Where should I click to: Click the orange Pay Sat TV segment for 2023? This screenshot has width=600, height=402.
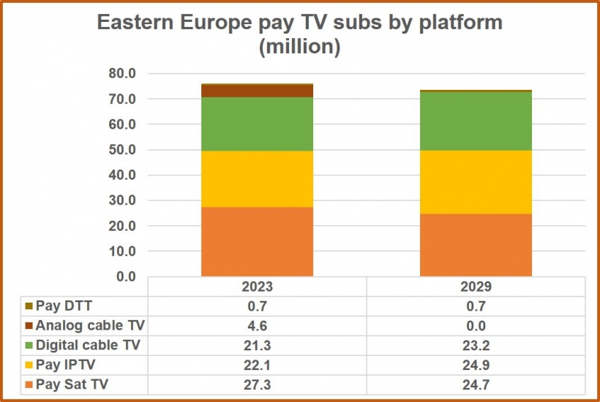[257, 241]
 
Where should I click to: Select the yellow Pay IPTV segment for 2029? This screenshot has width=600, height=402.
[476, 182]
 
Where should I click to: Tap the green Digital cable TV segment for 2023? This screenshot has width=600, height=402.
[257, 124]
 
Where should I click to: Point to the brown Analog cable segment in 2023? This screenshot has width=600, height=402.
[257, 91]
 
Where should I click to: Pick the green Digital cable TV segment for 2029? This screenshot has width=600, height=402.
[476, 121]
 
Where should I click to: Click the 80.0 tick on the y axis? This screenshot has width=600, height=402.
[122, 73]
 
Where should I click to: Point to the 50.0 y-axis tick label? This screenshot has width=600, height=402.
[122, 149]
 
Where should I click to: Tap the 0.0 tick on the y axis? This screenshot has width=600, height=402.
[126, 276]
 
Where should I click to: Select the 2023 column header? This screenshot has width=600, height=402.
[257, 287]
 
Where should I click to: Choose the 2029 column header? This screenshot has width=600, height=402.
[476, 287]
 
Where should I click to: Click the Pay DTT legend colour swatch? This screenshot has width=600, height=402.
[29, 306]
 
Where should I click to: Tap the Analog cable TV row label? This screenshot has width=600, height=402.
[90, 325]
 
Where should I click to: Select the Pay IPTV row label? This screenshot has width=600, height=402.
[65, 365]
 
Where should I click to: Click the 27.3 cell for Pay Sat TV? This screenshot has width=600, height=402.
[257, 384]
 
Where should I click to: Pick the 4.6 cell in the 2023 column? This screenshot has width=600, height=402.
[257, 325]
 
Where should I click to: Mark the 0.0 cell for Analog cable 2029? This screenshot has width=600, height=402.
[476, 325]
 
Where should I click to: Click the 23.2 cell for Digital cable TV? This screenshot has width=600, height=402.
[476, 346]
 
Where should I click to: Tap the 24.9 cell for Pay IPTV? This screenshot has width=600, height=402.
[476, 365]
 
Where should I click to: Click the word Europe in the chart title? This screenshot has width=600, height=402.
[215, 23]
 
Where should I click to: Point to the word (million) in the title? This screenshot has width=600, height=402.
[299, 47]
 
